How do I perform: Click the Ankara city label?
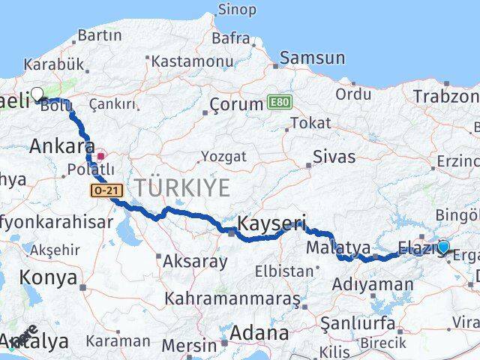(x=62, y=146)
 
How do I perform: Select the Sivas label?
(x=335, y=157)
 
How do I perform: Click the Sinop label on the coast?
(x=236, y=10)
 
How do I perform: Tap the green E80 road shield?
(x=277, y=101)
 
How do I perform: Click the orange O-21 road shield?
(x=106, y=191)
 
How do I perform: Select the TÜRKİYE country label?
(x=182, y=187)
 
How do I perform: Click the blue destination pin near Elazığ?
(x=443, y=247)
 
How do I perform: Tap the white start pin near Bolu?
(x=37, y=94)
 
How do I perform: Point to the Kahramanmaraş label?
(x=232, y=298)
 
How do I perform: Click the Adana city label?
(x=260, y=332)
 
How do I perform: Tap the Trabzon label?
(x=445, y=97)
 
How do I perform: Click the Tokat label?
(x=310, y=122)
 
